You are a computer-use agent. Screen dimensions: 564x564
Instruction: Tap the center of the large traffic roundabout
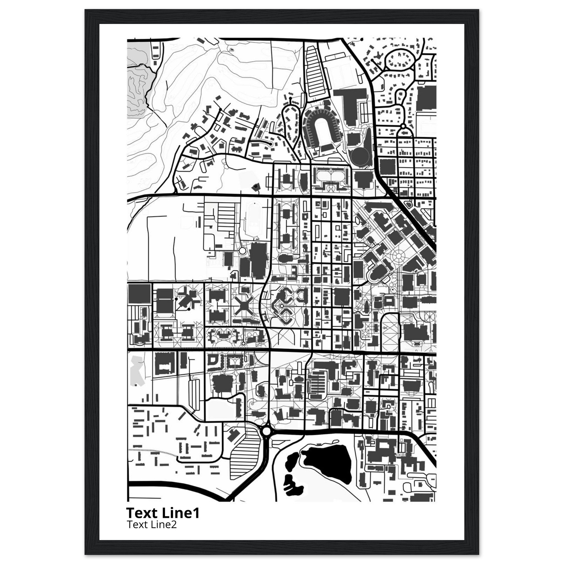(x=266, y=439)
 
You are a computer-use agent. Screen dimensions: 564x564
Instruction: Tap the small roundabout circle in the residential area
(x=403, y=126)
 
